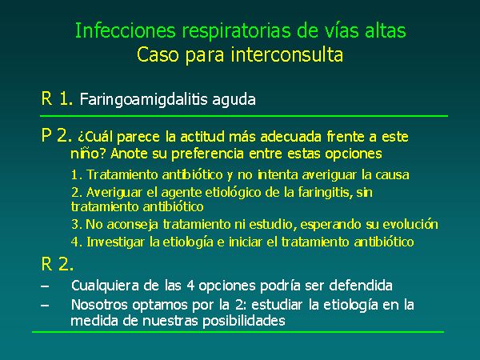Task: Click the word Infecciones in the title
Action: pyautogui.click(x=126, y=30)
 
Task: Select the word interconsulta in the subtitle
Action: pyautogui.click(x=287, y=54)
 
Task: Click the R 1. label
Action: pyautogui.click(x=58, y=98)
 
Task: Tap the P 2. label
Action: pyautogui.click(x=57, y=135)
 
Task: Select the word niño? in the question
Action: pyautogui.click(x=89, y=153)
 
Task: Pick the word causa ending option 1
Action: pyautogui.click(x=392, y=174)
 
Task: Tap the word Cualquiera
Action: pyautogui.click(x=105, y=286)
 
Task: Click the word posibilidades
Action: pyautogui.click(x=244, y=321)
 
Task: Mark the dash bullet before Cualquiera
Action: pyautogui.click(x=45, y=286)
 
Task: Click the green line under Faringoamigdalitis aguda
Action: pyautogui.click(x=244, y=116)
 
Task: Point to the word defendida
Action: pyautogui.click(x=361, y=286)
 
